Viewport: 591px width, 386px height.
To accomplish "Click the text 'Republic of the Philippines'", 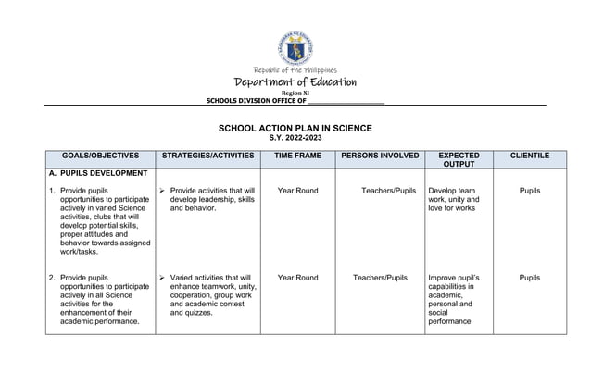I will [295, 70].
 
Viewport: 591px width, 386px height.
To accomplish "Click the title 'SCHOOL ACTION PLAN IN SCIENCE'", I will [295, 127].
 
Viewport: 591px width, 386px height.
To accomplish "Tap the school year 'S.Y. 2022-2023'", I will [295, 137].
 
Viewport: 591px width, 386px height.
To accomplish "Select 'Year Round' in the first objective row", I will [297, 191].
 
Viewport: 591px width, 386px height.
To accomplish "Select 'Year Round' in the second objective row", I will [297, 278].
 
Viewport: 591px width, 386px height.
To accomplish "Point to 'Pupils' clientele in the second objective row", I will [530, 278].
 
